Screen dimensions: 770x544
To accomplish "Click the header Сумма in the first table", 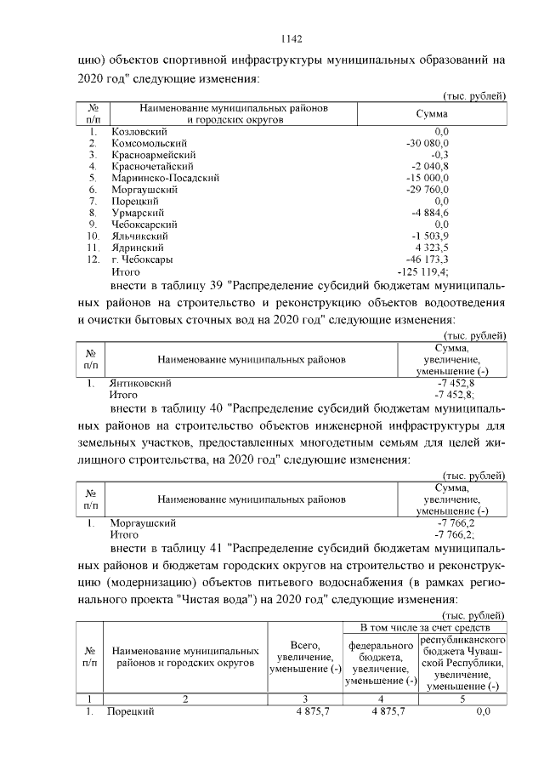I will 431,113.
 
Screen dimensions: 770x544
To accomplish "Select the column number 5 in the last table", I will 462,699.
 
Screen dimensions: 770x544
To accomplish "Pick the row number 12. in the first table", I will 93,259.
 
